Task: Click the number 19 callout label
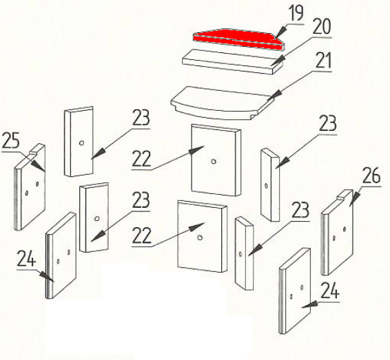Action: tap(296, 13)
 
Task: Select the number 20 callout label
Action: tap(322, 26)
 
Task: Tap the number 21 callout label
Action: tap(324, 61)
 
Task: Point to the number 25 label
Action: tap(11, 140)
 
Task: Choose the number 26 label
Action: tap(371, 176)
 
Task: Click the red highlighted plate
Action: tap(238, 39)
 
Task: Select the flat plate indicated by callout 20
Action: tap(233, 61)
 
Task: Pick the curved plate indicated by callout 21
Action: tap(223, 103)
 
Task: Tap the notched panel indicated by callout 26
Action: tap(337, 232)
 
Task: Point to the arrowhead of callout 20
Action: tap(278, 61)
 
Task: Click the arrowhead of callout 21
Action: tap(275, 96)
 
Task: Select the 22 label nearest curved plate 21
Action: tap(141, 159)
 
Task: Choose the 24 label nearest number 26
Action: tap(330, 290)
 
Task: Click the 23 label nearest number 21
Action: tap(327, 123)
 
